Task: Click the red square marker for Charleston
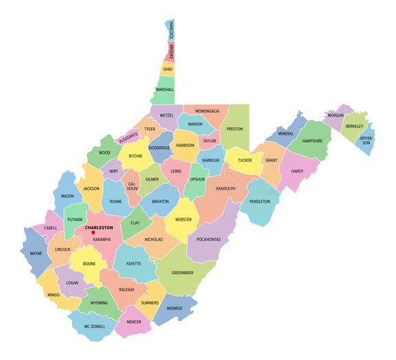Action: coord(93,232)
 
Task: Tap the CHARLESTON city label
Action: coord(99,226)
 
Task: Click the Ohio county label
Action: coord(168,70)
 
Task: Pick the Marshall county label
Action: coord(165,89)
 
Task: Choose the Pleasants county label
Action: coord(129,138)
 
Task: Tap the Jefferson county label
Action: coord(366,140)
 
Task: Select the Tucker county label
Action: coord(245,160)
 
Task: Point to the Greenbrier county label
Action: coord(182,273)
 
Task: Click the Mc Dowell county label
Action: coord(96,326)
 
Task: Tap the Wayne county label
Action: coord(36,253)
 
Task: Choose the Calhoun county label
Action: coord(132,186)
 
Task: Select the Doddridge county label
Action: coord(159,148)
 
